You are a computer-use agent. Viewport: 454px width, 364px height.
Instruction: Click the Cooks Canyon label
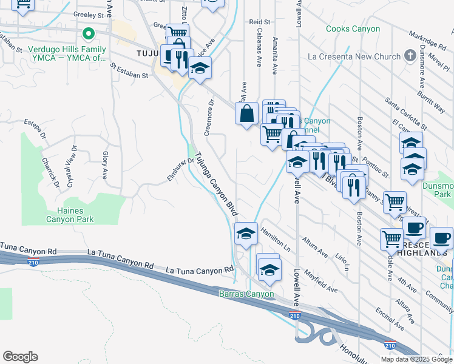pyautogui.click(x=353, y=29)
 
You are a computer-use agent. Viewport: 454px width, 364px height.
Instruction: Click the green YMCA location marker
pyautogui.click(x=89, y=34)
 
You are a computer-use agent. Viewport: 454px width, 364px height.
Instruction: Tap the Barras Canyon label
pyautogui.click(x=246, y=294)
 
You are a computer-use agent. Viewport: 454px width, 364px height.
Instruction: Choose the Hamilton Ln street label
pyautogui.click(x=275, y=240)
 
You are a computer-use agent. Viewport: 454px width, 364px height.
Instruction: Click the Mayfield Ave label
pyautogui.click(x=321, y=281)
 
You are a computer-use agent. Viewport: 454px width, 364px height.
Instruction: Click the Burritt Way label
pyautogui.click(x=432, y=98)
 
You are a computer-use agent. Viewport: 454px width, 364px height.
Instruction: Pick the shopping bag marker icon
pyautogui.click(x=247, y=113)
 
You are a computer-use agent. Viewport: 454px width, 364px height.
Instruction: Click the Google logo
pyautogui.click(x=20, y=357)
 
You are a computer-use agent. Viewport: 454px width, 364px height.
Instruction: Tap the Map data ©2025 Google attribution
pyautogui.click(x=416, y=359)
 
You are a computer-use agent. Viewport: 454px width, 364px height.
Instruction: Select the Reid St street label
pyautogui.click(x=259, y=21)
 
